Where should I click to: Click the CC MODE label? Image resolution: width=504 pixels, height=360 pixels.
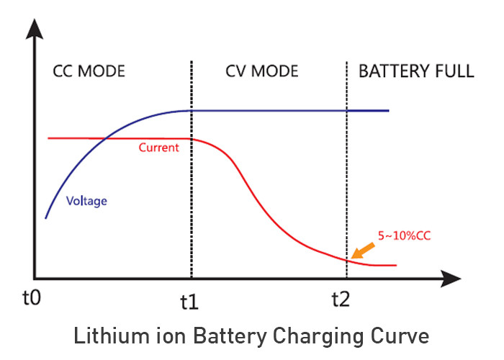(89, 71)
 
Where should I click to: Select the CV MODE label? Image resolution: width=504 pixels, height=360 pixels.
(262, 71)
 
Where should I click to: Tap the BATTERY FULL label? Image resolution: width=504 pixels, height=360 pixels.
(416, 71)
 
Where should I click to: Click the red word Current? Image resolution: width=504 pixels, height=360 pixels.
(158, 148)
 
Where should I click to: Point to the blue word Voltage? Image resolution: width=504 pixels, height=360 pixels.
(86, 202)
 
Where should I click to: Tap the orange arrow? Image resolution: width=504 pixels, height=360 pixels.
(364, 250)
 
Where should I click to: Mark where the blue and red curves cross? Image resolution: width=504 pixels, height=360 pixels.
(106, 138)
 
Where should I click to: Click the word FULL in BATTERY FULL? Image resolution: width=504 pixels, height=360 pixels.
(454, 71)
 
